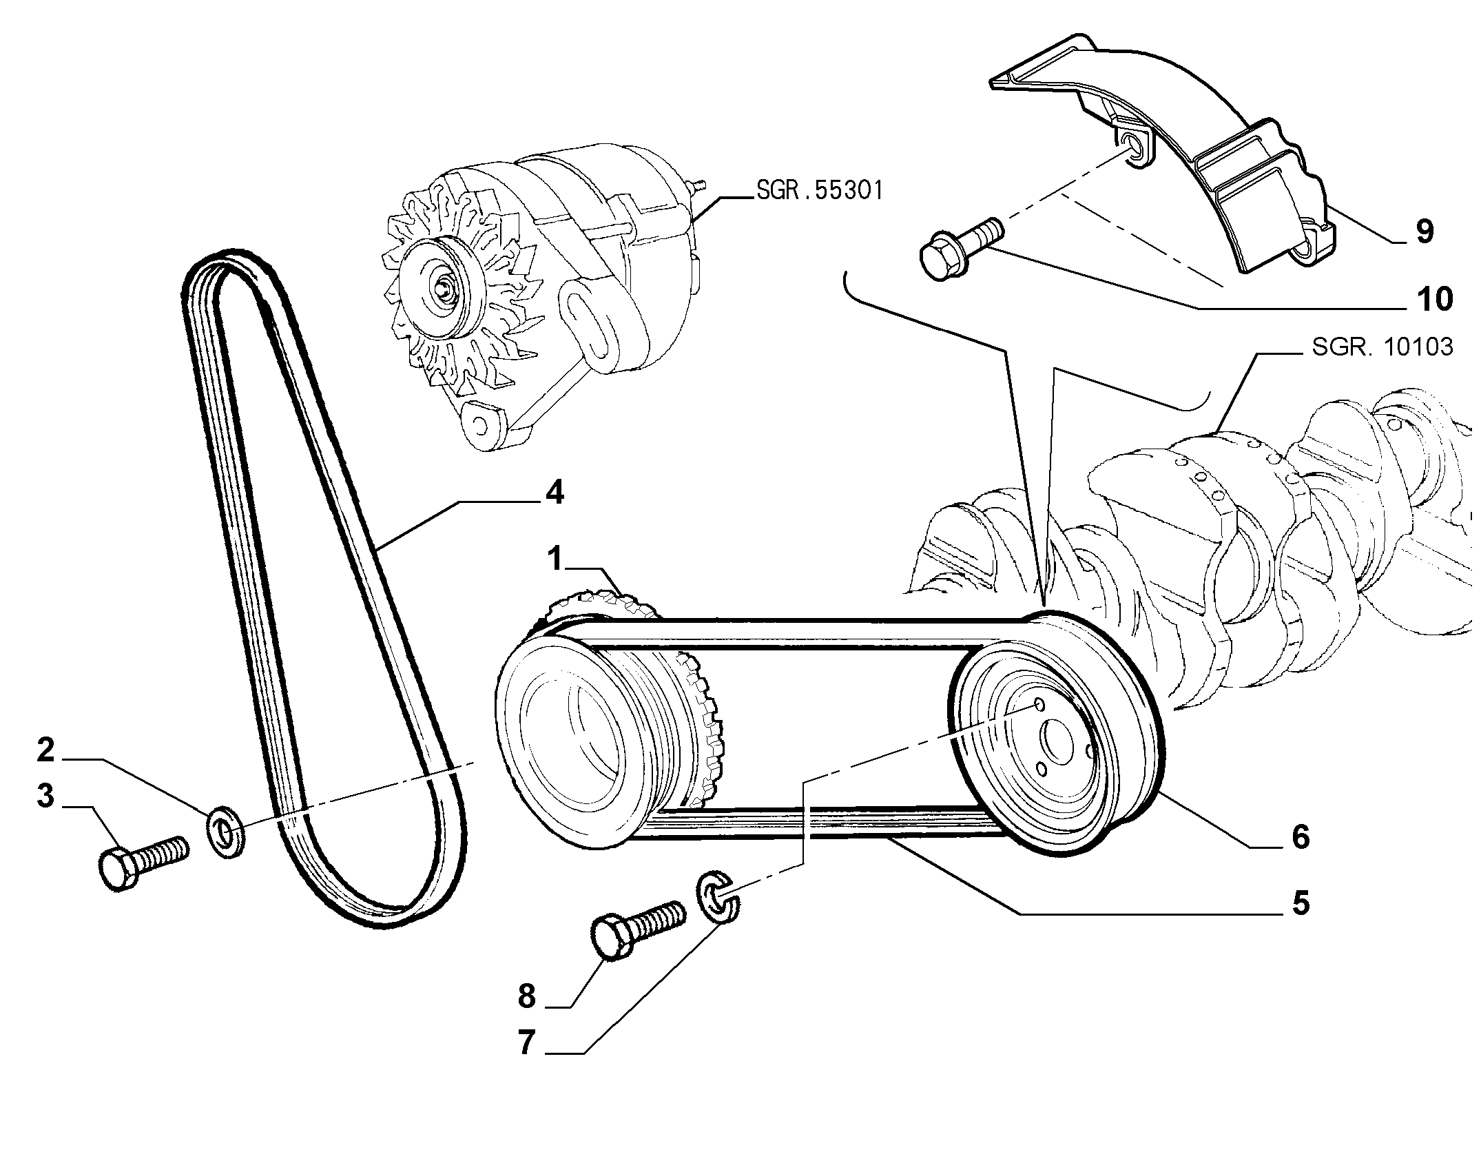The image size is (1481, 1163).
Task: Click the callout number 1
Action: [x=556, y=559]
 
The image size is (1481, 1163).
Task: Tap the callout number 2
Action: [x=45, y=750]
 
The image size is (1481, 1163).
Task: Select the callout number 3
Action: [x=45, y=796]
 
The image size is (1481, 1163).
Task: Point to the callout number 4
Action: [x=555, y=493]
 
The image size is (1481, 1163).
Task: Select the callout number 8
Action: [x=527, y=996]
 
